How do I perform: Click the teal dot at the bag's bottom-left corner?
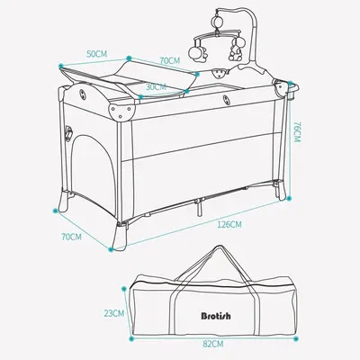(x=130, y=339)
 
